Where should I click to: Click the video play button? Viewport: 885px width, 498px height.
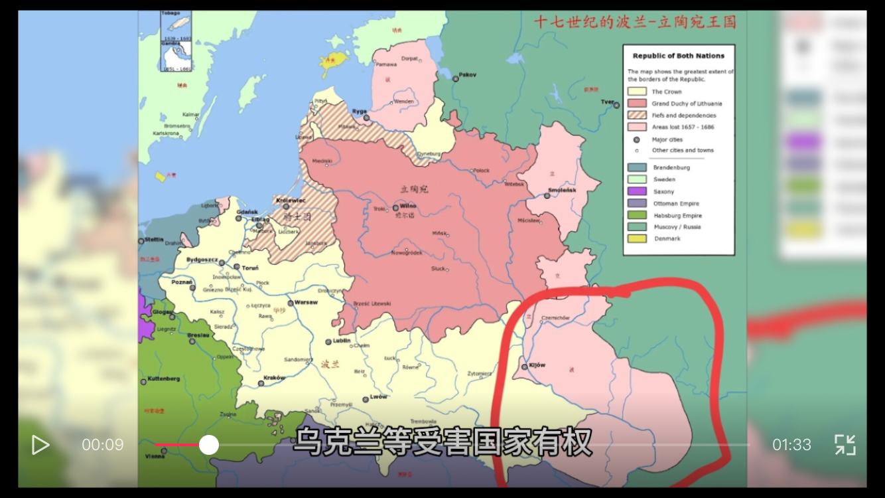tap(40, 445)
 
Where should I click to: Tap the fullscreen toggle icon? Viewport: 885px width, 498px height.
tap(845, 445)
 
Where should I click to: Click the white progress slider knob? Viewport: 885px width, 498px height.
tap(209, 445)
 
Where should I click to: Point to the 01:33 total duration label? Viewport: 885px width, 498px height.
tap(791, 445)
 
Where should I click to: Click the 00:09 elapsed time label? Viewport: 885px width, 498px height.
tap(103, 445)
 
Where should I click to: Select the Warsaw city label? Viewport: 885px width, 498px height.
tap(306, 302)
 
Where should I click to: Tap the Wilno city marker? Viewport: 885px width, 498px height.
tap(396, 207)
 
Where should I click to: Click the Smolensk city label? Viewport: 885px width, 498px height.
tap(562, 191)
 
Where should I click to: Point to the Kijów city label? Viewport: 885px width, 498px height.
tap(537, 366)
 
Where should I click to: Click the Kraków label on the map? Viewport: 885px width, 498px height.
tap(274, 378)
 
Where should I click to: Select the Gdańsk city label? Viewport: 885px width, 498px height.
tap(247, 212)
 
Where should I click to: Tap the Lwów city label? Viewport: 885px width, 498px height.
tap(379, 397)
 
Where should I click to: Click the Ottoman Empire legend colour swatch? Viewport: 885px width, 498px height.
tap(638, 203)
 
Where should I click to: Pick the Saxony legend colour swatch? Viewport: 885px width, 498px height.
tap(638, 191)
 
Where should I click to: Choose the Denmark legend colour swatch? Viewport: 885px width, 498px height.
tap(638, 238)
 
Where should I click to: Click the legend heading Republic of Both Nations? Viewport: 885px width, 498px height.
tap(678, 56)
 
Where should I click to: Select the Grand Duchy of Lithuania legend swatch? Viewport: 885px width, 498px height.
tap(638, 104)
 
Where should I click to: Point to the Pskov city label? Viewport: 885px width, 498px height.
tap(468, 75)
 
